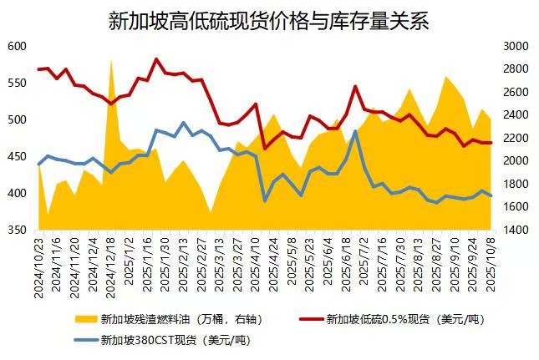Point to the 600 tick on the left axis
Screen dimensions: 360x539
(17, 47)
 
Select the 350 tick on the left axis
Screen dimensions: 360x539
(17, 230)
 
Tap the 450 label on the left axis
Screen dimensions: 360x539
(17, 157)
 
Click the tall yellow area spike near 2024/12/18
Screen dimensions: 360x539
(111, 63)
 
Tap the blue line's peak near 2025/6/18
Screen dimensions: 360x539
(355, 131)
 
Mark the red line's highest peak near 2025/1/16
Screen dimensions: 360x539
(156, 59)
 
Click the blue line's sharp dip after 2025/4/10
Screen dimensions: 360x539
(265, 200)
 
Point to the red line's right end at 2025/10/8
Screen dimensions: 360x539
(491, 143)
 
